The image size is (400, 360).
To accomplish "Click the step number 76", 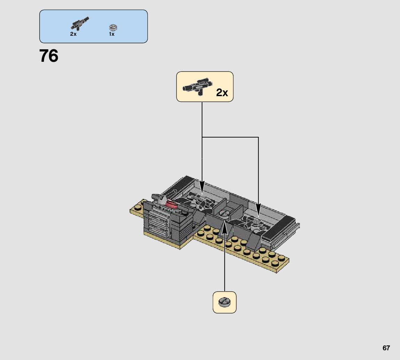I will (49, 56).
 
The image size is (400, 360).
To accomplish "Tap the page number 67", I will (386, 348).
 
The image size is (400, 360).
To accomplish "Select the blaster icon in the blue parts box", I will (80, 23).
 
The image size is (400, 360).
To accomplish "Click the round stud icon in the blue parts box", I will (112, 27).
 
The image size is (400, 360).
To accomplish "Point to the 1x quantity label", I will (112, 34).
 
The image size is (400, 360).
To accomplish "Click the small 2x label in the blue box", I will (73, 34).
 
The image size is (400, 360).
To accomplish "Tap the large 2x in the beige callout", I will (222, 93).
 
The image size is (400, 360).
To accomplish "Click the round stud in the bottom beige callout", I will (224, 302).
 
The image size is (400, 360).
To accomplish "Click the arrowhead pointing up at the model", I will (225, 224).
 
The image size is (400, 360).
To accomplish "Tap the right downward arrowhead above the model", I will (258, 210).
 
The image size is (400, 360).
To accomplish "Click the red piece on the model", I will (172, 204).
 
